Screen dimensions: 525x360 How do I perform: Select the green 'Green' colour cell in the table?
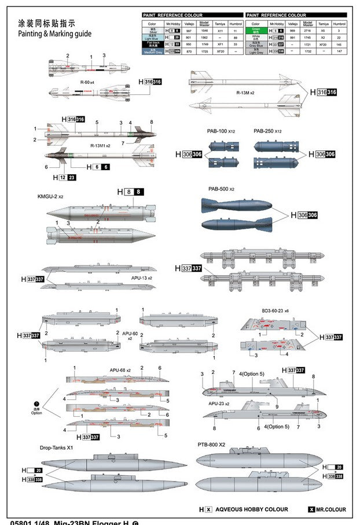256,30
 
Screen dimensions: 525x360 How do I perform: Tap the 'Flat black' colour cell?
153,44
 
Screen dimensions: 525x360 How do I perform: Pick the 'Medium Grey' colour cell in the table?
153,52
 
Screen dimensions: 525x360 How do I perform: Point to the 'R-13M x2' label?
246,92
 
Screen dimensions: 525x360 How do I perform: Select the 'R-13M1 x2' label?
100,145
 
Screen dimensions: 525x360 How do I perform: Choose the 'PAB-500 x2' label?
221,189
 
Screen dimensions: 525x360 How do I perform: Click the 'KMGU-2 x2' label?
50,197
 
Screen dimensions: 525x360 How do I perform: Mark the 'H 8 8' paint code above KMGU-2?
130,192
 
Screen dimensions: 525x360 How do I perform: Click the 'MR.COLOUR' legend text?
331,509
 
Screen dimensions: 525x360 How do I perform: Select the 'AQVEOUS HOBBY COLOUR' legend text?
252,509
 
